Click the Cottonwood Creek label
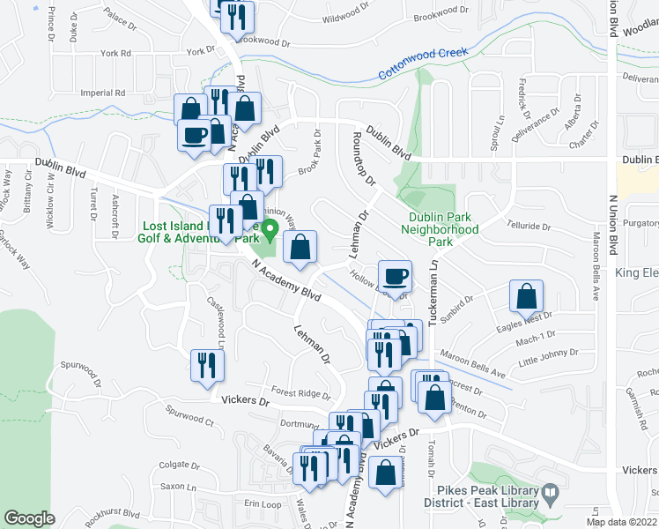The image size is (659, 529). pos(423,64)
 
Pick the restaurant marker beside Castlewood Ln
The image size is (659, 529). pos(206,367)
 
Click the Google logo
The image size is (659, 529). pos(29,518)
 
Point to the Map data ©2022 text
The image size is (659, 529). pos(622,522)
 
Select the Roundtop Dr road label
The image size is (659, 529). pos(362,160)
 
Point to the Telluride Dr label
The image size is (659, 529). pos(529,226)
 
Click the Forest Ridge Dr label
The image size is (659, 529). pos(300,394)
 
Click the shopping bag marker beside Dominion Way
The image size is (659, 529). pos(300,250)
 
